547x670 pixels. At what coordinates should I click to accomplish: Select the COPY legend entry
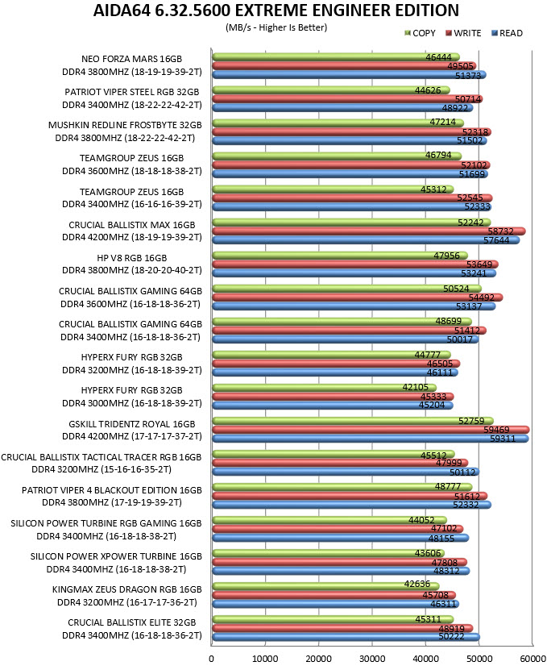pos(421,33)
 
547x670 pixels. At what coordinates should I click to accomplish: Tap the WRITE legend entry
pos(463,33)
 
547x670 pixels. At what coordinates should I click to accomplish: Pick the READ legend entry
pos(508,33)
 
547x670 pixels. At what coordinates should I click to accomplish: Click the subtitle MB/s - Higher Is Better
pos(276,27)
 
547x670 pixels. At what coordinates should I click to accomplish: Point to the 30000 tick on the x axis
pos(372,659)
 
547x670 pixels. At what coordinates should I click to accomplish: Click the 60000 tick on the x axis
pos(532,659)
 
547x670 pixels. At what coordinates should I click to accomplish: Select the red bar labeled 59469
pos(371,430)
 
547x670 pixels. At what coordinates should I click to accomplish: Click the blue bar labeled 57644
pos(366,240)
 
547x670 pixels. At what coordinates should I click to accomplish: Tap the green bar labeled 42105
pos(324,388)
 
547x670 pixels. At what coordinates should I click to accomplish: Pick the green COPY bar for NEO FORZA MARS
pos(336,56)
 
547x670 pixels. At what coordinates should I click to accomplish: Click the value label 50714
pos(468,99)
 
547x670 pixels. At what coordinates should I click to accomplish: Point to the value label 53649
pos(479,264)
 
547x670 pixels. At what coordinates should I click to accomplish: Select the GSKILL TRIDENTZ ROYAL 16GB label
pos(132,424)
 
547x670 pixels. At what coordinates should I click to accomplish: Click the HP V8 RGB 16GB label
pos(132,258)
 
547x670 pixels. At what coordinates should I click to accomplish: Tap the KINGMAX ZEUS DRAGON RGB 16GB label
pos(126,589)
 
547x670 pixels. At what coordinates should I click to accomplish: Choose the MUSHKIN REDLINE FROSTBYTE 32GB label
pos(125,125)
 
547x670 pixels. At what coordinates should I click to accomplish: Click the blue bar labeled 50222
pos(346,637)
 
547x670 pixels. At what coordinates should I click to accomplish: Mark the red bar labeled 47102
pos(338,529)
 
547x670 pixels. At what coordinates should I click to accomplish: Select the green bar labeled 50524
pos(346,289)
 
